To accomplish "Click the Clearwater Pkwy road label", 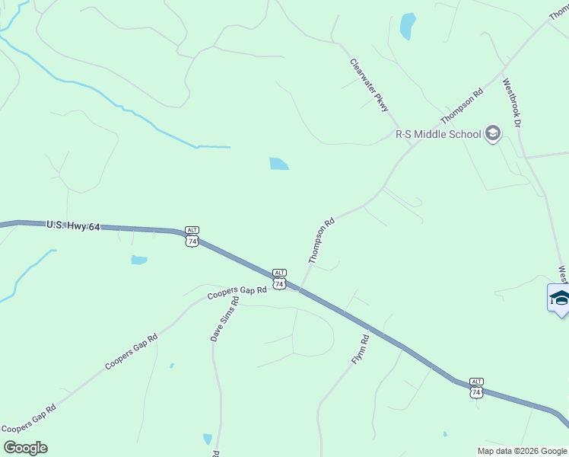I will click(x=370, y=85).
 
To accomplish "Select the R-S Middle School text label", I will click(x=437, y=134).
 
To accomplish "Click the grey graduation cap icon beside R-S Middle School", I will click(x=492, y=134).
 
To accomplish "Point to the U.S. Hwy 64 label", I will click(x=73, y=226).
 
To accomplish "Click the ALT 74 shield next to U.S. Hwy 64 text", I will click(x=192, y=236).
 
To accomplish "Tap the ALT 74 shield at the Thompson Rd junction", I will click(x=279, y=279).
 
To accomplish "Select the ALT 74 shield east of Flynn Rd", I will click(x=476, y=388).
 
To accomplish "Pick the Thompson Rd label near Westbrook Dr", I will click(x=462, y=105).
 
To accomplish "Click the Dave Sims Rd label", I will click(x=225, y=318).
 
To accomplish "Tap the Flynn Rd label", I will click(x=360, y=349).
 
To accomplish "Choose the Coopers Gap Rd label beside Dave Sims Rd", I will click(x=237, y=291).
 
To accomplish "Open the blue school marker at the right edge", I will click(x=560, y=298).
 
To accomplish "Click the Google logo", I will click(x=25, y=448).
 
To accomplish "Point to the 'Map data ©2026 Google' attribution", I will click(x=522, y=451).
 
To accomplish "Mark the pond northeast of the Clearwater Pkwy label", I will click(x=408, y=26).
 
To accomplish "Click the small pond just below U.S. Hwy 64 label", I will click(x=139, y=260).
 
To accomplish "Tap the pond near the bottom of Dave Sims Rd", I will click(x=208, y=439).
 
